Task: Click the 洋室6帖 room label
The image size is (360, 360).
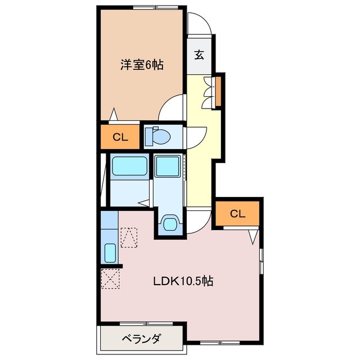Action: click(142, 65)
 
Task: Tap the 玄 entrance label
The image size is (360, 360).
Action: click(199, 55)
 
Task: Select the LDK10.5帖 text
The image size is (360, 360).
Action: click(183, 281)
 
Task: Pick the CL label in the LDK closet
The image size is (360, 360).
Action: click(238, 213)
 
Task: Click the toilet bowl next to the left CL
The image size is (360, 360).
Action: click(158, 136)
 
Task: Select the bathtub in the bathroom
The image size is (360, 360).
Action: click(129, 167)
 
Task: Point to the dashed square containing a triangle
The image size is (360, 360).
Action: click(129, 237)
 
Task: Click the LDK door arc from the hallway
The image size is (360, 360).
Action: click(199, 221)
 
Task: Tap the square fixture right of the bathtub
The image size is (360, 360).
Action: click(167, 166)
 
